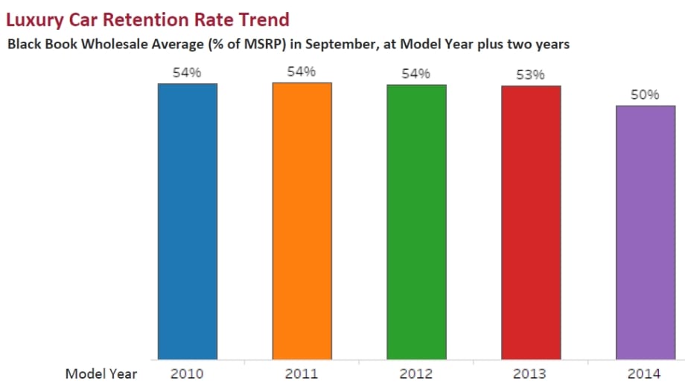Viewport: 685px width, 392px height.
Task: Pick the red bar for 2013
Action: pos(531,222)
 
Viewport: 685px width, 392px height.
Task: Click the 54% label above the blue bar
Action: pos(187,72)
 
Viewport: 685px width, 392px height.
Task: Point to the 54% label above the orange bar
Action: pos(302,71)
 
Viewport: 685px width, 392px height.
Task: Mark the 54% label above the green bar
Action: pos(416,73)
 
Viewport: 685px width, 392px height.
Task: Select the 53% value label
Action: pos(531,74)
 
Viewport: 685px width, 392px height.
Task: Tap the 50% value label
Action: pos(646,94)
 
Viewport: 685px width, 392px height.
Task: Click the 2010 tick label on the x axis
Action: pos(187,373)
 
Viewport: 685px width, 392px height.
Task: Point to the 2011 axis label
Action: pos(302,373)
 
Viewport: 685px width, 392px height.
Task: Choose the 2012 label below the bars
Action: pos(416,373)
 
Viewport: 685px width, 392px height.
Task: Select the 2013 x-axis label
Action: pos(531,373)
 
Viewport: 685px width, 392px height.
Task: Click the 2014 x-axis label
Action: pos(646,373)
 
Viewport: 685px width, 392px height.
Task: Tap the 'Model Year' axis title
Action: pos(101,373)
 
